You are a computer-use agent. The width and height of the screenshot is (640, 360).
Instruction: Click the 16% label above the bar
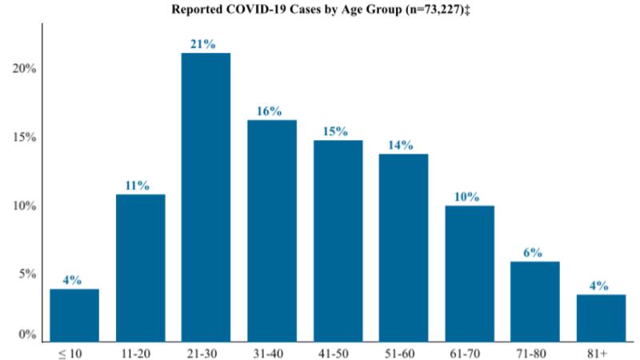coord(269,111)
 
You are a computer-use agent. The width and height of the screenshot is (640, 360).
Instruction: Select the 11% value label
coord(137,186)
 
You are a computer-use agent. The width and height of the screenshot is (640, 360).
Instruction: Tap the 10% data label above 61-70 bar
coord(467,197)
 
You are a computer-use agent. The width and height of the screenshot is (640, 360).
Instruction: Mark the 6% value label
coord(533,253)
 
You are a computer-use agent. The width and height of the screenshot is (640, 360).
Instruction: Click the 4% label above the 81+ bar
coord(598,286)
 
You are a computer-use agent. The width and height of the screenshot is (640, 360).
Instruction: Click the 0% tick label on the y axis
coord(27,334)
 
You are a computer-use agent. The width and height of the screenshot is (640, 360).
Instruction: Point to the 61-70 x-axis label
coord(467,353)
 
